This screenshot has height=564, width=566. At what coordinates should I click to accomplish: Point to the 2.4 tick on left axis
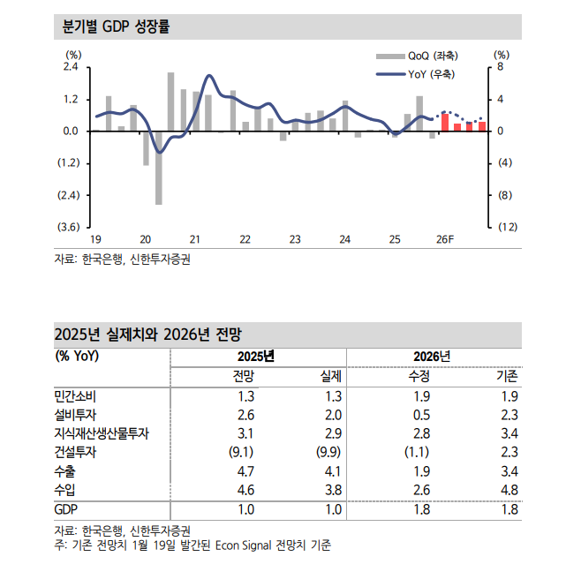pos(71,67)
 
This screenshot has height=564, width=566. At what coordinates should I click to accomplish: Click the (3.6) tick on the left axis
pos(69,227)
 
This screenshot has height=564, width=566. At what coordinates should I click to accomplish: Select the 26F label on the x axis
pos(445,239)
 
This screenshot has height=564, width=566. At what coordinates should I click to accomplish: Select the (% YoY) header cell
pos(78,357)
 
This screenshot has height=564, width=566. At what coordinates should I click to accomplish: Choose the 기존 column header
pos(507,376)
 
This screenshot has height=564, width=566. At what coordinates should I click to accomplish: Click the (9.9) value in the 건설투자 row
pos(326,452)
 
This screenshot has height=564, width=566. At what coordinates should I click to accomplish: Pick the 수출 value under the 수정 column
pos(421,471)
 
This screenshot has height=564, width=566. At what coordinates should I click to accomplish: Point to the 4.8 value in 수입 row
pos(509,490)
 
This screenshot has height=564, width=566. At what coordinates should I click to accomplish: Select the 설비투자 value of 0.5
pos(421,415)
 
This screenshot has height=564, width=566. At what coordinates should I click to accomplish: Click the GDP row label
pos(67,510)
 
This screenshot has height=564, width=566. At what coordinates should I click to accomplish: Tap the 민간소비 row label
pos(78,396)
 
